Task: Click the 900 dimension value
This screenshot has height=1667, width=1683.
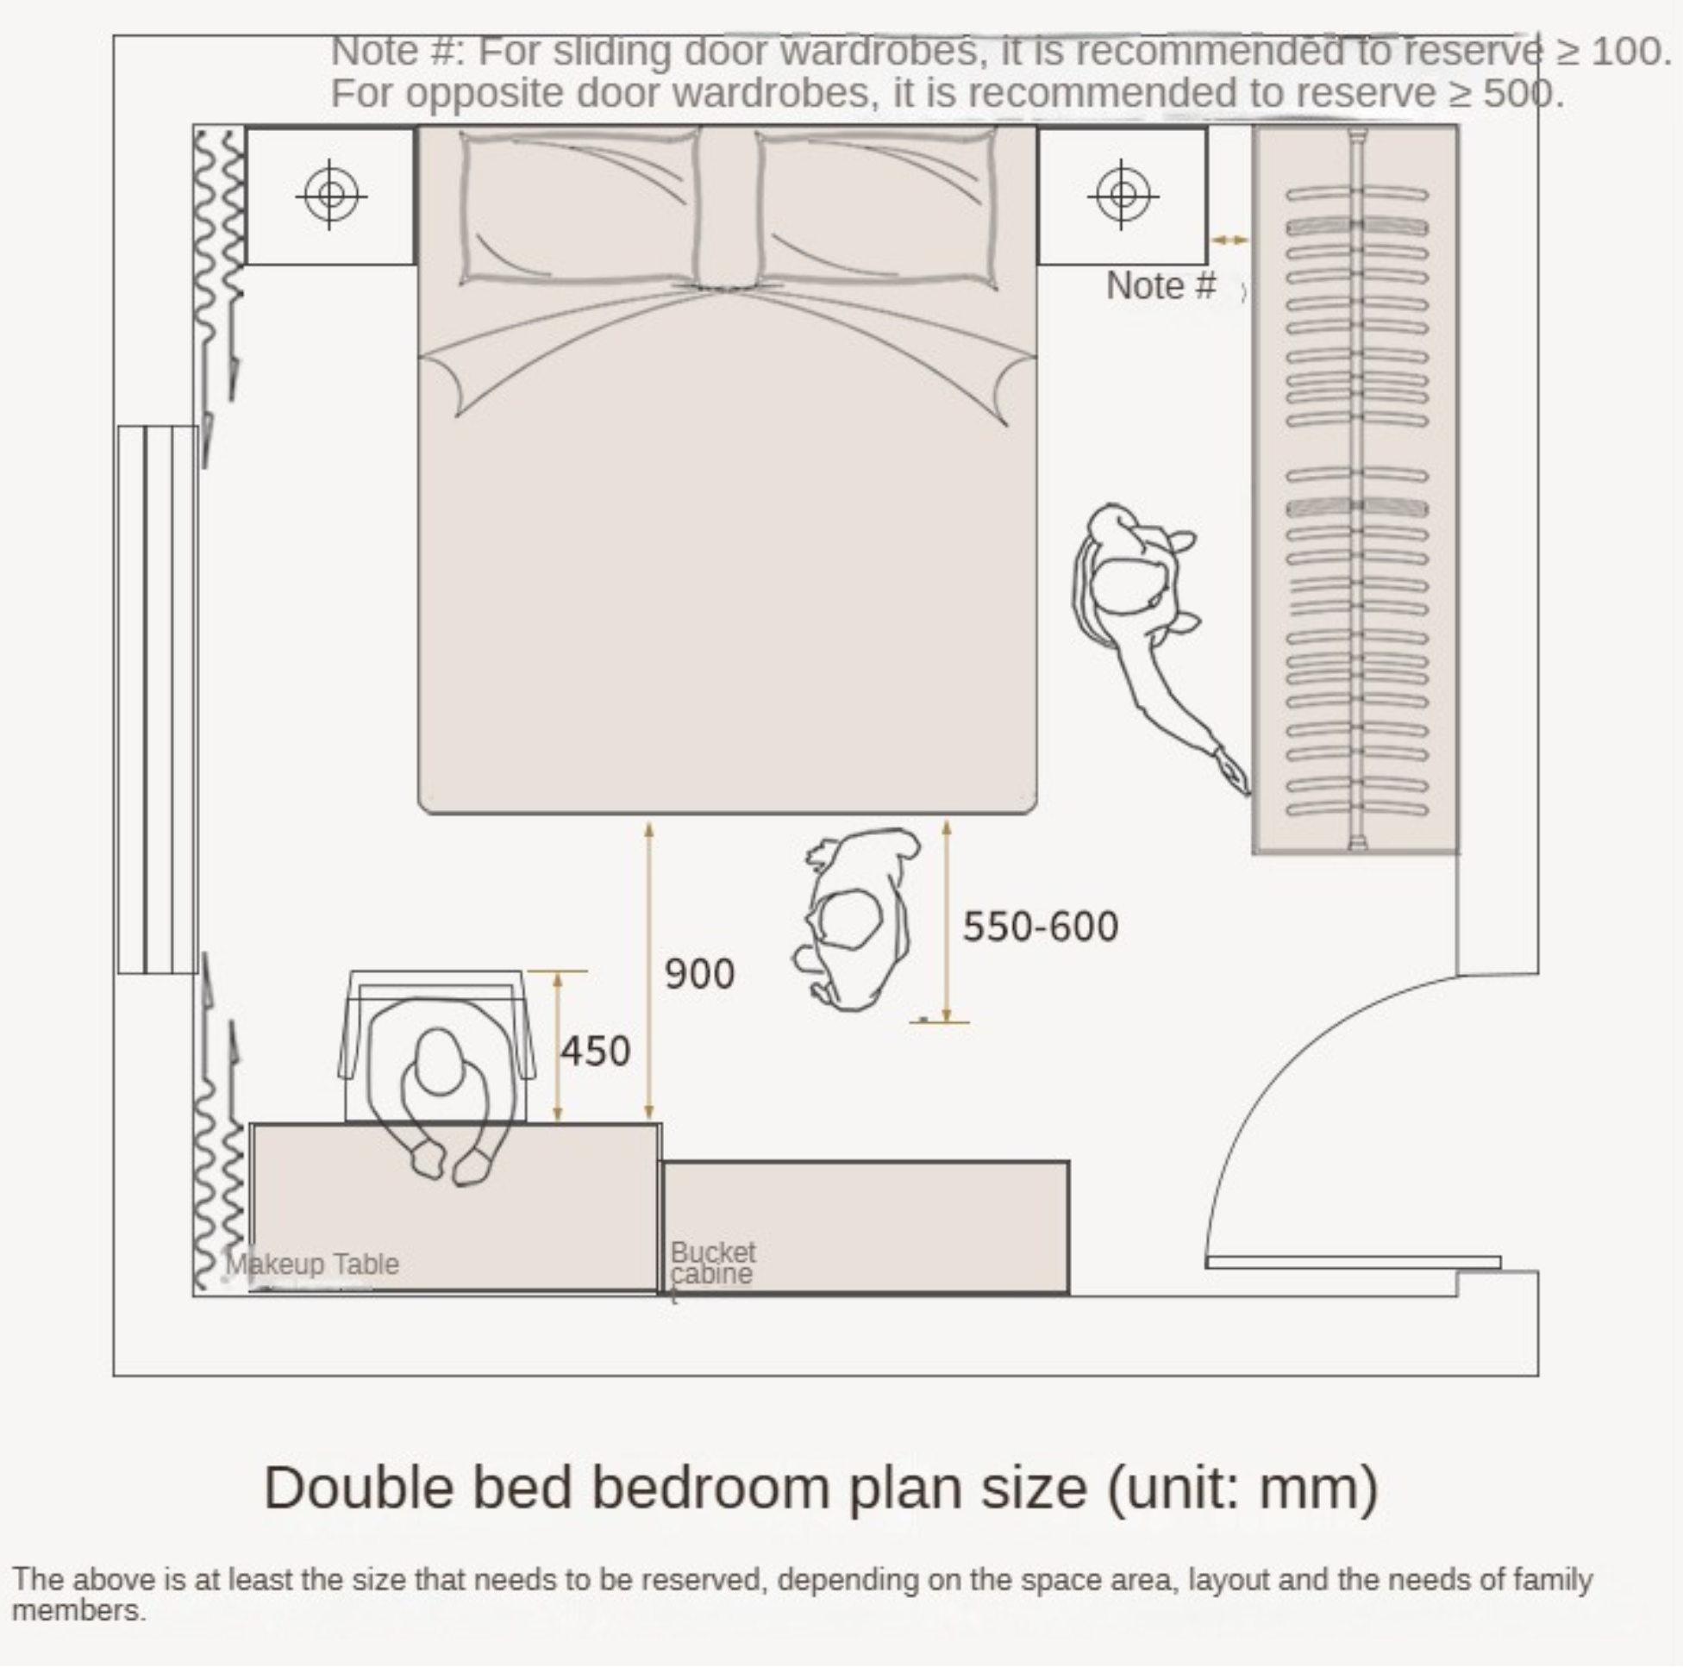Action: tap(699, 974)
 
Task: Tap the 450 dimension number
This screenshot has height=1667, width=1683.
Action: tap(595, 1052)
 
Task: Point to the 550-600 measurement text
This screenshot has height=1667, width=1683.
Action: tap(1040, 926)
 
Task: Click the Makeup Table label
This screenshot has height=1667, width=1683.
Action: tap(312, 1264)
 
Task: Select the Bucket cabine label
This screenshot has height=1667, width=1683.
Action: tap(712, 1263)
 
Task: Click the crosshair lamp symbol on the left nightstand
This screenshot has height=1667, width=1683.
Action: tap(330, 194)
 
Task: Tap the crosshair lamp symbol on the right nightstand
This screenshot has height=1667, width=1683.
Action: tap(1123, 194)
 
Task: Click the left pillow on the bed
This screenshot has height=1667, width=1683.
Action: tap(579, 207)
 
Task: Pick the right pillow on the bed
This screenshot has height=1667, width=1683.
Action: tap(876, 207)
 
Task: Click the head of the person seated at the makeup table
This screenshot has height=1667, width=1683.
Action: tap(438, 1063)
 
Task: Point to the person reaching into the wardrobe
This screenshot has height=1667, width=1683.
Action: tap(1150, 627)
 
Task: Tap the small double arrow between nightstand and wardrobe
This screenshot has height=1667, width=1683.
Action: tap(1229, 240)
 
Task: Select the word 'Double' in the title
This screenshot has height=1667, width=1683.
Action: tap(358, 1487)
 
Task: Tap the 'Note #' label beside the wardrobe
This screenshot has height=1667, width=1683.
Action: tap(1161, 285)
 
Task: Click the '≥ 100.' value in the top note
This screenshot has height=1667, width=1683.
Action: tap(1613, 52)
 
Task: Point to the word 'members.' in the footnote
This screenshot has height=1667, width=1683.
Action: tap(78, 1610)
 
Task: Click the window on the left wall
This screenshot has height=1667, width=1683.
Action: tap(158, 699)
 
